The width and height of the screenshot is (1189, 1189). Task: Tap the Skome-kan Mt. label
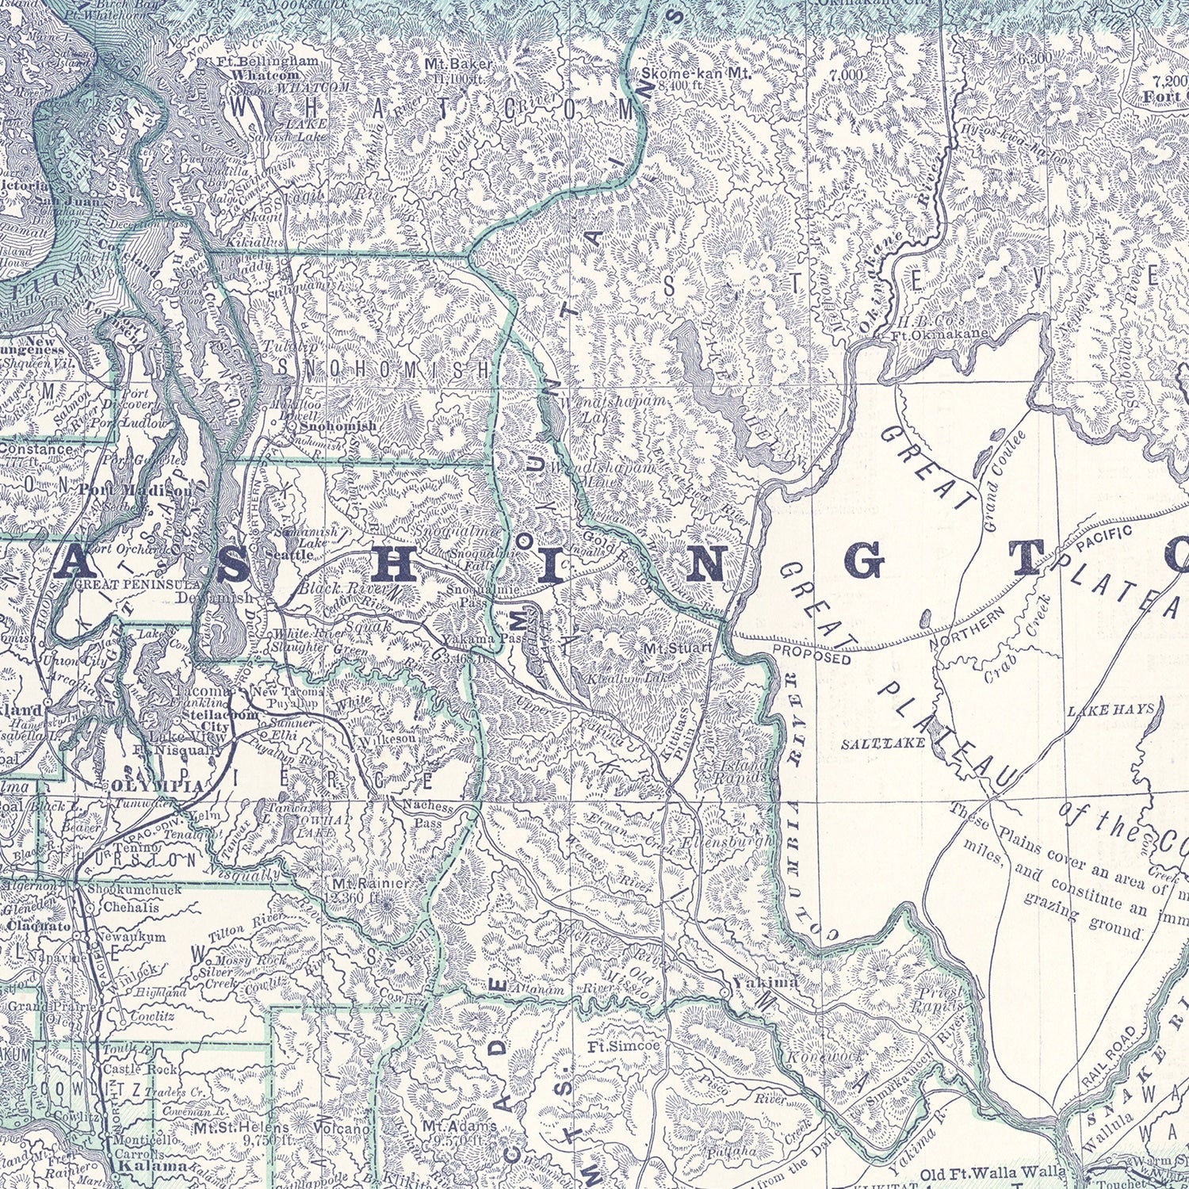click(x=696, y=73)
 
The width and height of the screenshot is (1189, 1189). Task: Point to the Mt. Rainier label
click(x=370, y=883)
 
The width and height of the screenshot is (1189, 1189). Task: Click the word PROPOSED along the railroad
click(x=812, y=655)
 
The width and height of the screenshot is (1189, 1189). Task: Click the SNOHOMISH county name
click(x=384, y=369)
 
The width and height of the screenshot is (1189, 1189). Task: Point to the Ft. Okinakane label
click(x=940, y=334)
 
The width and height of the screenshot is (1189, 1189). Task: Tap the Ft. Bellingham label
click(x=270, y=61)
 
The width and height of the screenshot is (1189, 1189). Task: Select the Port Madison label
click(x=135, y=490)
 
